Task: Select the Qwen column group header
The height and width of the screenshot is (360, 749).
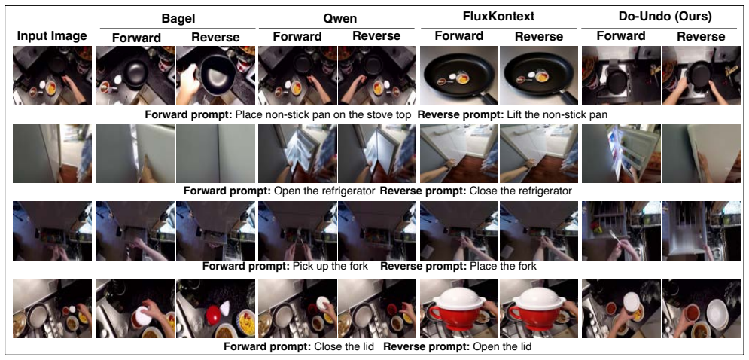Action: click(x=336, y=19)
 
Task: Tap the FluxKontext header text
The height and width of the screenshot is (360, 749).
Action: click(x=498, y=17)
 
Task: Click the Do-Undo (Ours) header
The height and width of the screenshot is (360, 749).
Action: click(x=662, y=17)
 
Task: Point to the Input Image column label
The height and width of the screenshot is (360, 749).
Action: click(x=52, y=36)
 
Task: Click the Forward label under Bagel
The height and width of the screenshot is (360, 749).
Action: click(x=136, y=38)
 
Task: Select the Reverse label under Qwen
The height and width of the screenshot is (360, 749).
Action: click(x=376, y=36)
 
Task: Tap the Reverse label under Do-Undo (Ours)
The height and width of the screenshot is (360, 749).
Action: click(x=701, y=36)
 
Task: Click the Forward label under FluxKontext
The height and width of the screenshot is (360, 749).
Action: click(x=459, y=36)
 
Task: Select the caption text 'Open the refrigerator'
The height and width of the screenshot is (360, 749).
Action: click(x=324, y=191)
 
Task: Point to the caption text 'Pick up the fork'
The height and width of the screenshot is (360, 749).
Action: click(x=330, y=266)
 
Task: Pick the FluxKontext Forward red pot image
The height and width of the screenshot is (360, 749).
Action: click(x=459, y=308)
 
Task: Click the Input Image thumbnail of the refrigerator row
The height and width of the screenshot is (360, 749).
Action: click(x=52, y=153)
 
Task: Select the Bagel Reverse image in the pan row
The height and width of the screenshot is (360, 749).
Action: click(x=215, y=75)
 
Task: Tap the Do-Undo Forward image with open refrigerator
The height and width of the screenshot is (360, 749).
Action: click(x=621, y=153)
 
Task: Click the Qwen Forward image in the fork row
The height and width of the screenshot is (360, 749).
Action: click(x=297, y=231)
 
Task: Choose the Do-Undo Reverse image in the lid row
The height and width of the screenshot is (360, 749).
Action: click(x=702, y=308)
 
